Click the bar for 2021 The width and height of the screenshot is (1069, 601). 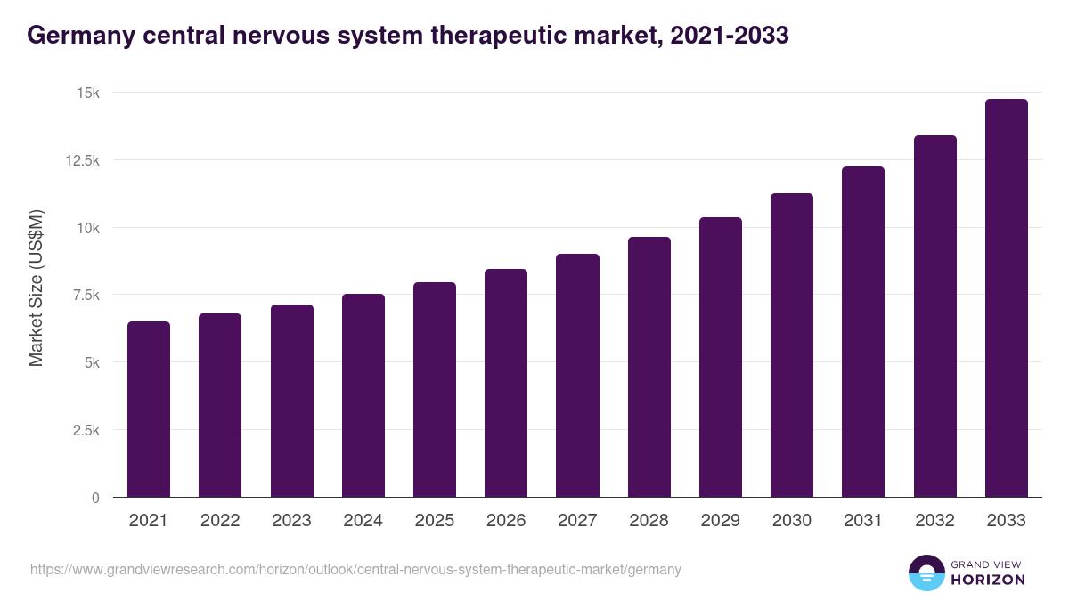click(149, 410)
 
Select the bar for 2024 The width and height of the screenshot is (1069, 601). click(363, 395)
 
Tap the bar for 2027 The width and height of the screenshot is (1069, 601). click(577, 376)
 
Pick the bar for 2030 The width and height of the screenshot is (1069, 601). click(791, 345)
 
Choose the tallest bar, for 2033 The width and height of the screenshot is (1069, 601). click(1006, 298)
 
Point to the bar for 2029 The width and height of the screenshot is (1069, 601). click(720, 357)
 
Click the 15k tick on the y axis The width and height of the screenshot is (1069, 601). click(86, 93)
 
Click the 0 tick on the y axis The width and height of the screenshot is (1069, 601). click(95, 498)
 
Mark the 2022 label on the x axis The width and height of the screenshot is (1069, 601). click(220, 521)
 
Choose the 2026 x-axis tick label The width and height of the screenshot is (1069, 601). click(506, 521)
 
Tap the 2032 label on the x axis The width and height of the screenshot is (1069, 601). click(934, 521)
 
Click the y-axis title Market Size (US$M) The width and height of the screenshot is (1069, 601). click(36, 288)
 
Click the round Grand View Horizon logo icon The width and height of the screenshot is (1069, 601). click(926, 573)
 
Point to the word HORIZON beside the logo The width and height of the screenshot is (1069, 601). click(988, 580)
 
